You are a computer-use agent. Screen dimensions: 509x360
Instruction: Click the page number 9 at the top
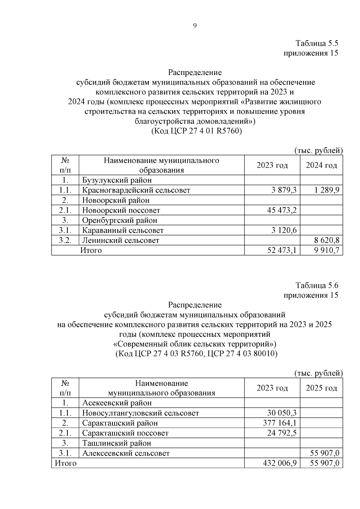click(195, 26)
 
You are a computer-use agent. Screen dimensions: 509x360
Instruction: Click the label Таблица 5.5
click(317, 43)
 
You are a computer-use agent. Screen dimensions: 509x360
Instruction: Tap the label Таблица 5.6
click(317, 285)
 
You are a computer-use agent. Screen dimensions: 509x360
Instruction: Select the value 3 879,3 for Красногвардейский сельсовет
click(282, 190)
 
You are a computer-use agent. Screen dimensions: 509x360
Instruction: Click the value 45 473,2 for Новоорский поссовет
click(282, 210)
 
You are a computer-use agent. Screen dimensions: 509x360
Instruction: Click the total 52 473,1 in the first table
click(282, 250)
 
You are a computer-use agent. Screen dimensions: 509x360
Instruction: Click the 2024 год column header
click(321, 165)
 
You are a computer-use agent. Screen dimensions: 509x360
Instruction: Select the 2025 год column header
click(321, 388)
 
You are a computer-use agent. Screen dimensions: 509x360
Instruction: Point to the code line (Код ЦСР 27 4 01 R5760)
click(196, 131)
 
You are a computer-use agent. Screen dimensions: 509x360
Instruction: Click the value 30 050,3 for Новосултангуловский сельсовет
click(282, 413)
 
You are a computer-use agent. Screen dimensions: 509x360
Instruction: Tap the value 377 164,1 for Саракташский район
click(280, 423)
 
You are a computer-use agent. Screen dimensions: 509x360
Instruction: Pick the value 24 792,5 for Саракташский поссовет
click(282, 433)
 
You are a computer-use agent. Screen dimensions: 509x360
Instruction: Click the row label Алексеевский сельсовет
click(126, 453)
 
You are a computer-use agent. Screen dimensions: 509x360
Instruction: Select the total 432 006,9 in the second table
click(280, 463)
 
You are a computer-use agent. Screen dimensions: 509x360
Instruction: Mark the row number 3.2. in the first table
click(65, 240)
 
